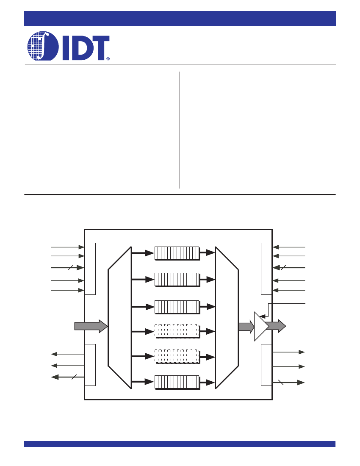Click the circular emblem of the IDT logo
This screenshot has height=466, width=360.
pos(43,46)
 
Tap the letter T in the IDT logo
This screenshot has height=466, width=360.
pos(100,48)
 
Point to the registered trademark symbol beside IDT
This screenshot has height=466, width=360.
pos(108,59)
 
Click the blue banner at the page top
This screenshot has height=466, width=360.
pos(180,18)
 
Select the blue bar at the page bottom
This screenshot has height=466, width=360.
pos(180,444)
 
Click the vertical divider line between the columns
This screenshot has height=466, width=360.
pos(180,130)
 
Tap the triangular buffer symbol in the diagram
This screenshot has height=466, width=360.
pos(261,326)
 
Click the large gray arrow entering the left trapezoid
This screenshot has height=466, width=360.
pos(91,326)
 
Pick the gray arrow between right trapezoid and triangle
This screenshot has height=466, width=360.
pos(246,327)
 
